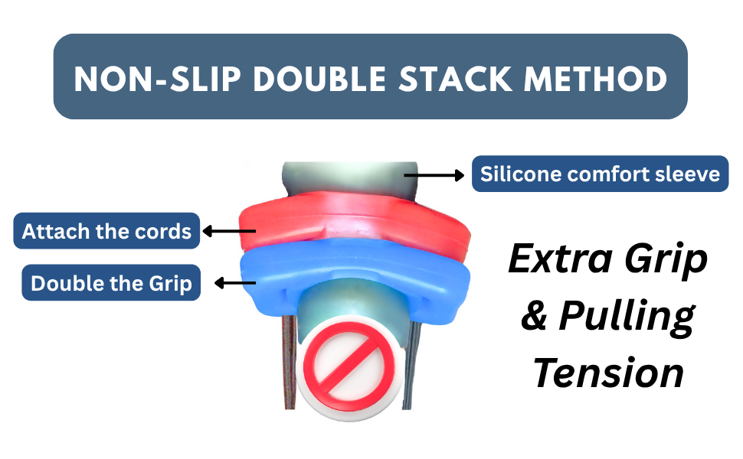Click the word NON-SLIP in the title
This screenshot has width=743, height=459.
tap(157, 79)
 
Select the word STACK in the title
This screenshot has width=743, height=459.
tap(455, 79)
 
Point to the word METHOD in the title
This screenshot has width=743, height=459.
tap(596, 79)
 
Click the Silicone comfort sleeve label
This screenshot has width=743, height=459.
tap(600, 174)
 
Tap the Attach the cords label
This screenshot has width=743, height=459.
tap(106, 231)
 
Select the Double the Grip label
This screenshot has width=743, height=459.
tap(111, 283)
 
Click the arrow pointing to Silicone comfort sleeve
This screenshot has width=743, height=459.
tap(434, 175)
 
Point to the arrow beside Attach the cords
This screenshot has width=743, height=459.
tap(229, 231)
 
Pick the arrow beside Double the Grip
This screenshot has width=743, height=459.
tap(235, 284)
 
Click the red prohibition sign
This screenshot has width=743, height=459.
tap(349, 366)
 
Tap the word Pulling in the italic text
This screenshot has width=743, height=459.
tap(627, 317)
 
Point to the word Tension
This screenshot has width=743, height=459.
tap(608, 373)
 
